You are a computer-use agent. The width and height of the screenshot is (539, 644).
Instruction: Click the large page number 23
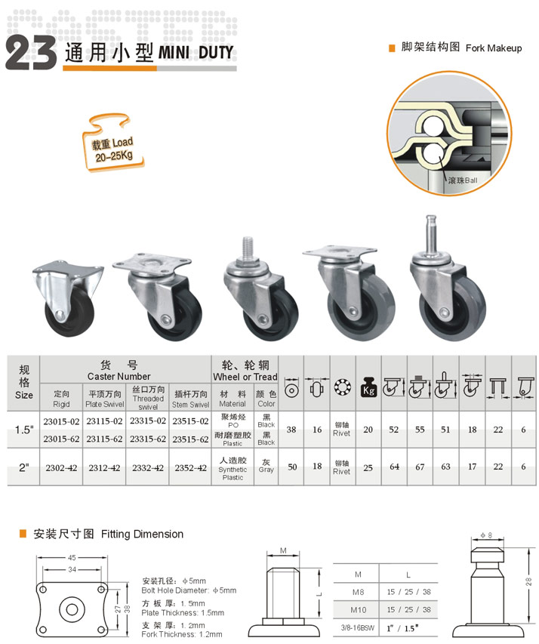(x=31, y=52)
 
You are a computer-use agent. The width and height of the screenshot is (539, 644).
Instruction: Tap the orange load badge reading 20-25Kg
(x=113, y=143)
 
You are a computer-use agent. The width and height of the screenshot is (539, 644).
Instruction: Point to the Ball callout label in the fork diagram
(x=463, y=180)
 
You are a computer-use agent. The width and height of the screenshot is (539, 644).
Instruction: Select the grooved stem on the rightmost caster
(x=430, y=234)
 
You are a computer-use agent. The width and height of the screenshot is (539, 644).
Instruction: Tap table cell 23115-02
(x=104, y=421)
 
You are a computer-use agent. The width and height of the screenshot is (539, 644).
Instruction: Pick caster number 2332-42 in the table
(x=148, y=468)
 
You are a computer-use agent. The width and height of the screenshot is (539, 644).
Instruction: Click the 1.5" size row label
(x=24, y=430)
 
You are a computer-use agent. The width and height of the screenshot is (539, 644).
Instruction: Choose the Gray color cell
(x=266, y=466)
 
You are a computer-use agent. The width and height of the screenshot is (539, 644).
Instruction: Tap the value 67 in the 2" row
(x=420, y=467)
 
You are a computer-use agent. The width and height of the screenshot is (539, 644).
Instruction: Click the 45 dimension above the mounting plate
(x=72, y=558)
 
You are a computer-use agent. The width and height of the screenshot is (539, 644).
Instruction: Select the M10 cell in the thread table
(x=359, y=610)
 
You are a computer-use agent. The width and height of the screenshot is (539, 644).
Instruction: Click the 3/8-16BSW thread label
(x=357, y=628)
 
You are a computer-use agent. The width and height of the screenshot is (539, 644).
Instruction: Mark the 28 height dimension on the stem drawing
(x=528, y=581)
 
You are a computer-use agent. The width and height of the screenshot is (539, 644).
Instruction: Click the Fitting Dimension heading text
(x=142, y=534)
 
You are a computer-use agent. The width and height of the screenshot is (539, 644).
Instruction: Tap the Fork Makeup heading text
(x=494, y=48)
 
